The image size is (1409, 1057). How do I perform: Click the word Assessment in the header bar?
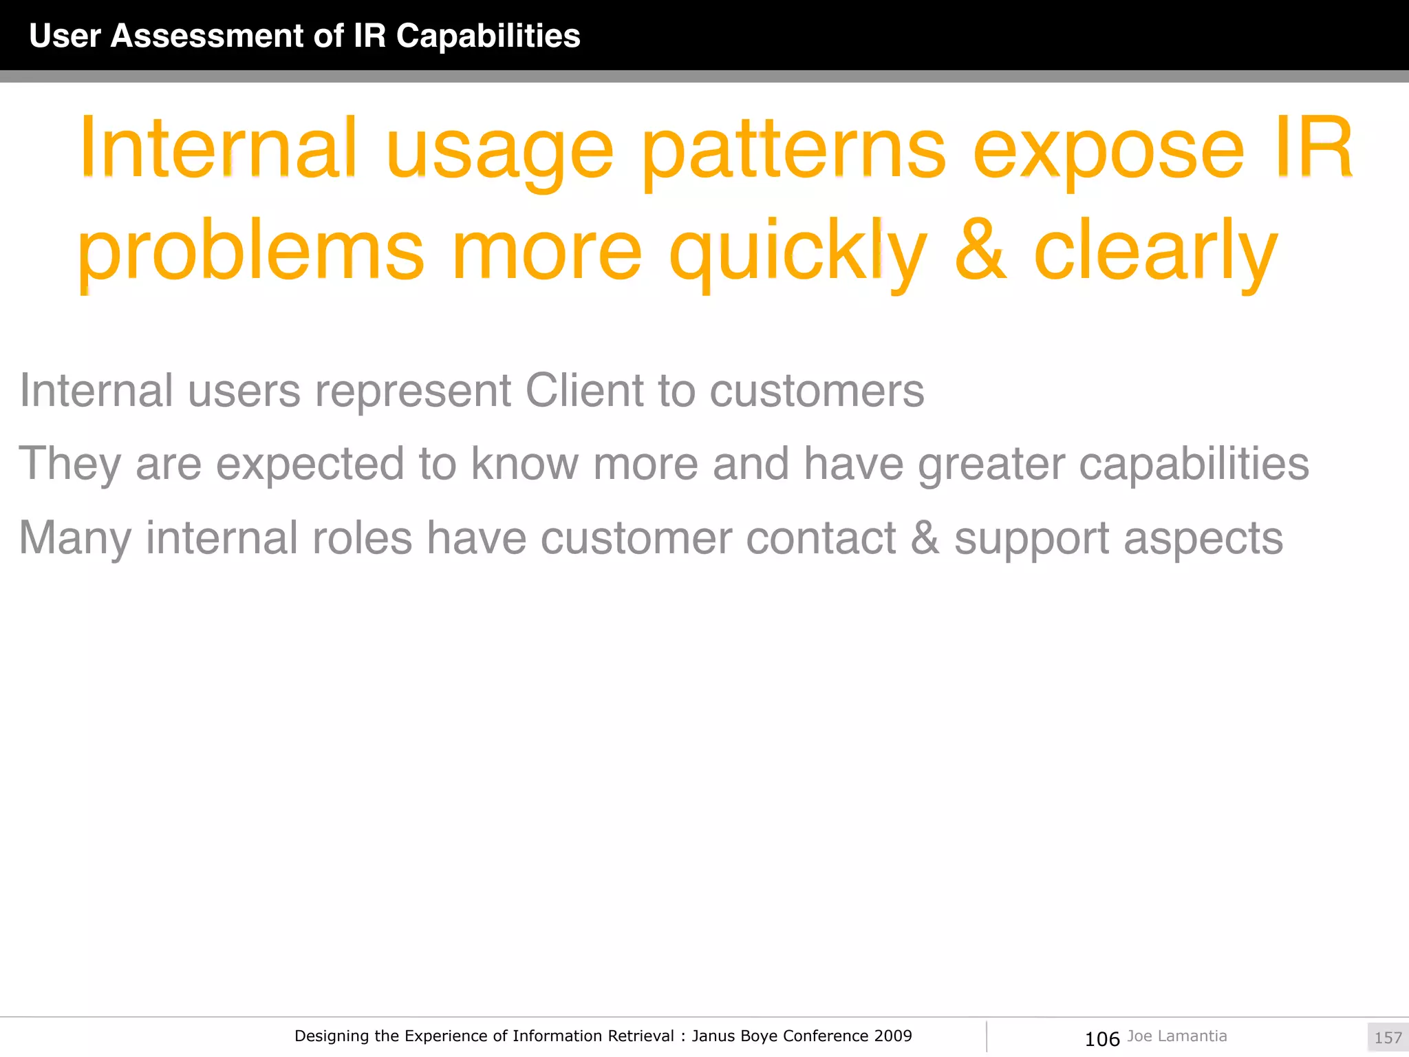(206, 36)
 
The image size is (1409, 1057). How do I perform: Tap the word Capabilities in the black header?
(488, 36)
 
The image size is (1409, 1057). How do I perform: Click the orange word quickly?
(798, 252)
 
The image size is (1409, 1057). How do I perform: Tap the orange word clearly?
(1156, 252)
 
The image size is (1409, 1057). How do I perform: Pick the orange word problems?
(250, 252)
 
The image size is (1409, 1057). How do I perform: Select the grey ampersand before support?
(925, 537)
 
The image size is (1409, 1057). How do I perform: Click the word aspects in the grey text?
(1203, 539)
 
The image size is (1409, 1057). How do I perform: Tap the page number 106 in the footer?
(1102, 1038)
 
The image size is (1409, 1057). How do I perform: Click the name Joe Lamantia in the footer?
(1177, 1036)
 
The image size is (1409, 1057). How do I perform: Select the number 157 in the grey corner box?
(1388, 1038)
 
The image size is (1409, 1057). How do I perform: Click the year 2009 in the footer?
(893, 1036)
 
